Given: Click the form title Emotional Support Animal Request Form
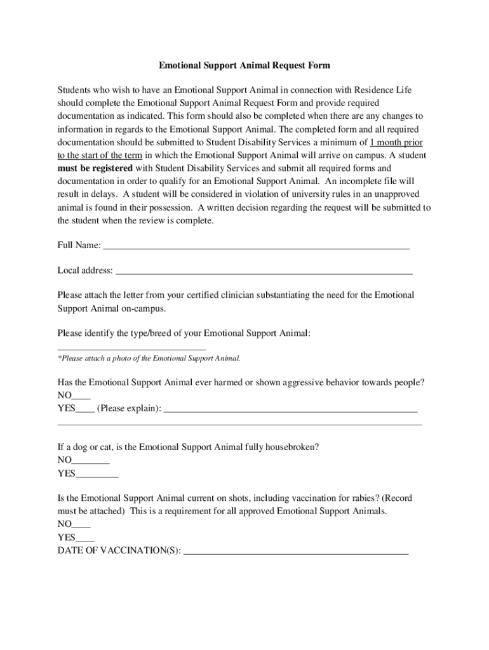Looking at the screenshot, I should pos(245,65).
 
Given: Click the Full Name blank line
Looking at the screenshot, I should pos(256,246).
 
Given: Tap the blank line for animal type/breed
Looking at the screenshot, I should pos(131,348).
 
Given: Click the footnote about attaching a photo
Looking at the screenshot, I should pos(149,359).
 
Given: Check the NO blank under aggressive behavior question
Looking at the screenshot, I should pos(81,396).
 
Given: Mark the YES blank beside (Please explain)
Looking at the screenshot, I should pos(85,409).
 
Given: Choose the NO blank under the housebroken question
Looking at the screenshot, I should pos(91,461).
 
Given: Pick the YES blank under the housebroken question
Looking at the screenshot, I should pos(97,474).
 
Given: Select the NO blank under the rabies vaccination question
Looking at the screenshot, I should pos(81,526).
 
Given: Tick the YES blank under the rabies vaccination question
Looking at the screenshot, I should pos(85,538).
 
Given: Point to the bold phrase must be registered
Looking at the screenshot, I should pos(95,168).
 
